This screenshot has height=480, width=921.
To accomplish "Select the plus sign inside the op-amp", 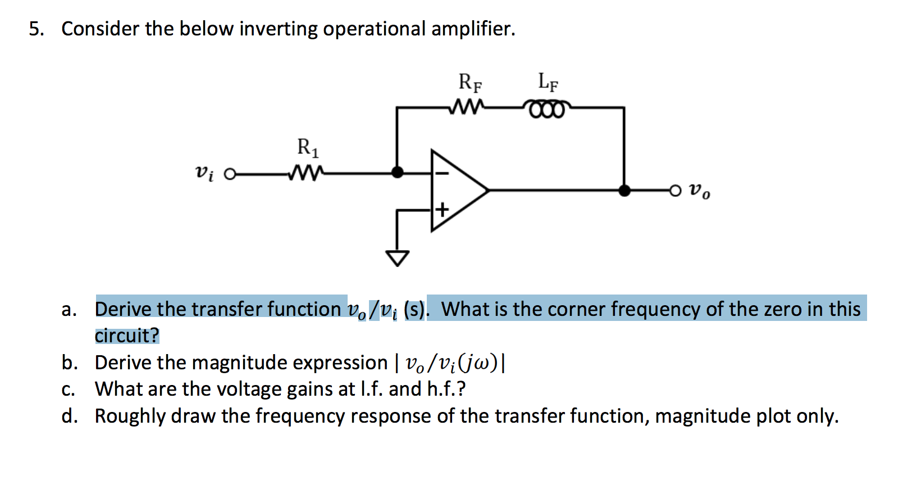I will pyautogui.click(x=443, y=210).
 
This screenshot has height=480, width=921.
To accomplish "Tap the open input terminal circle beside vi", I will pyautogui.click(x=229, y=174).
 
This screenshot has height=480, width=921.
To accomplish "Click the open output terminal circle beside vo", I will pyautogui.click(x=675, y=191).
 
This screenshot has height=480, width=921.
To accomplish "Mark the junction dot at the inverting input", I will pyautogui.click(x=397, y=172).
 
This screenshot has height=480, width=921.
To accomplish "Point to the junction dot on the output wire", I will pyautogui.click(x=624, y=191).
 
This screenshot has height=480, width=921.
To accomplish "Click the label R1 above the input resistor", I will pyautogui.click(x=308, y=148).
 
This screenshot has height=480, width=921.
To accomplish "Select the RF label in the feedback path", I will pyautogui.click(x=470, y=83).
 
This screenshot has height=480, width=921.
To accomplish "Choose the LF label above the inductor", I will pyautogui.click(x=548, y=82).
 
